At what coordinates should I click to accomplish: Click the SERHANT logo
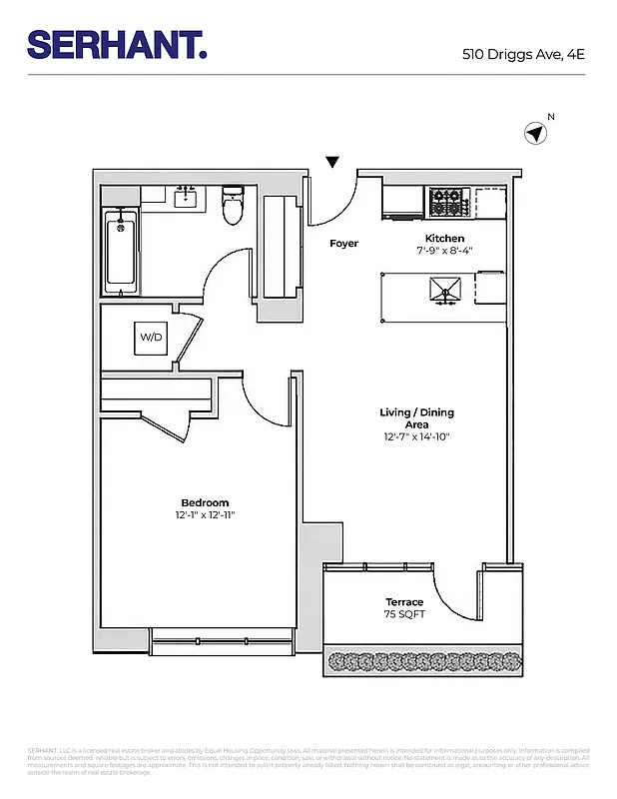(116, 44)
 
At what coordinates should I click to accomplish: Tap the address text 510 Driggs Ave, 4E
(522, 55)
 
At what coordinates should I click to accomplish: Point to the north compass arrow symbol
(536, 133)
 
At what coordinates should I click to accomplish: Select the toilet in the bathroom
(233, 206)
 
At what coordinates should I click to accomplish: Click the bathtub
(121, 252)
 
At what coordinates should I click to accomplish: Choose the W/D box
(151, 338)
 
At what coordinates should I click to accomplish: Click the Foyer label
(343, 244)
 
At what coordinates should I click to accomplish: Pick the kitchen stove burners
(449, 203)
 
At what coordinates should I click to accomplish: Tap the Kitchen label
(444, 238)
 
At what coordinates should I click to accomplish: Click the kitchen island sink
(445, 290)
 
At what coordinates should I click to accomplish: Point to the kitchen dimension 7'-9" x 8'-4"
(444, 251)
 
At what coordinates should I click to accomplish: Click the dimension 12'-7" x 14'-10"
(417, 437)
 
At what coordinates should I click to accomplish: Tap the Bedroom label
(205, 502)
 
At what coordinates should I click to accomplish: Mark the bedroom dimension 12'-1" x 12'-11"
(205, 515)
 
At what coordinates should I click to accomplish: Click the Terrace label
(404, 602)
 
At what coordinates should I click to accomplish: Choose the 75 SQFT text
(405, 614)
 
